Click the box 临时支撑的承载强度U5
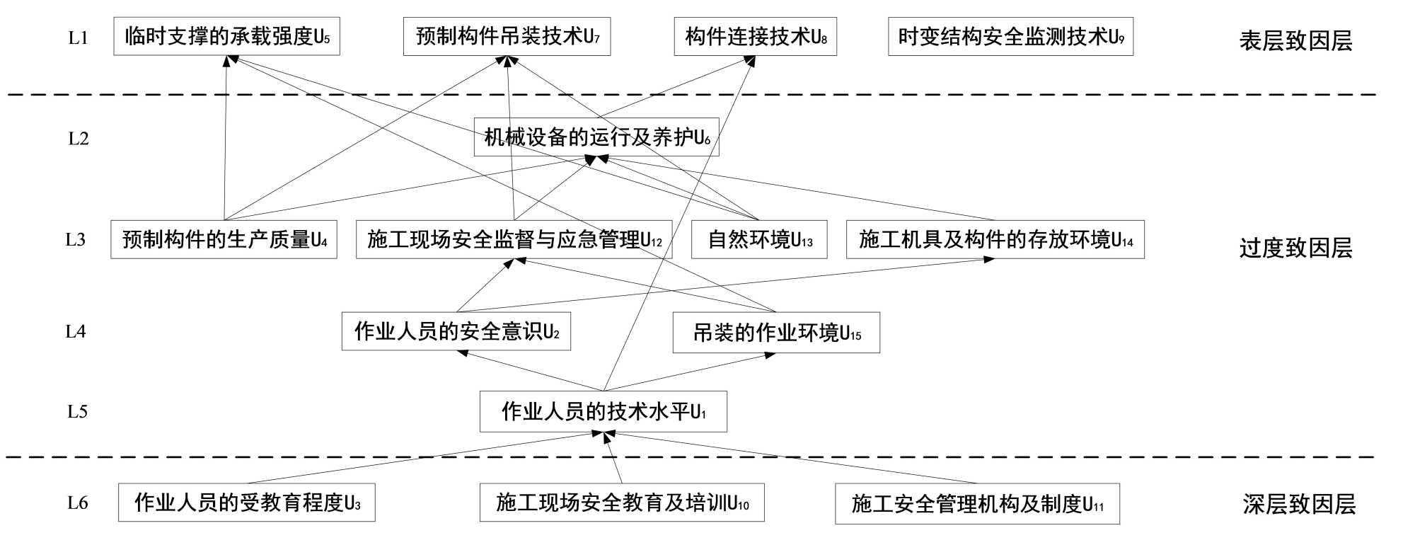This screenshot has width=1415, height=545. click(x=226, y=36)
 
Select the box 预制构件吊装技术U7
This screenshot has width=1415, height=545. click(x=507, y=36)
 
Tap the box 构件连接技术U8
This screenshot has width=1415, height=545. click(x=755, y=36)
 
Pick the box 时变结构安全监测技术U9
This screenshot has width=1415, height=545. click(x=1010, y=36)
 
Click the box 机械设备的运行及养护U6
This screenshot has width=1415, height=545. click(x=596, y=137)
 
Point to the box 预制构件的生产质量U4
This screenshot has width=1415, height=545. click(x=224, y=240)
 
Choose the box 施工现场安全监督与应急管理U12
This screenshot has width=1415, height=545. click(x=514, y=240)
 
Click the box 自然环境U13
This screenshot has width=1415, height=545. click(x=759, y=240)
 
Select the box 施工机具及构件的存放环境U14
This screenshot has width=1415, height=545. click(x=995, y=240)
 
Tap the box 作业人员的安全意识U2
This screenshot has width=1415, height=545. click(x=456, y=331)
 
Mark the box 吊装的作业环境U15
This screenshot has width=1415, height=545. click(x=776, y=333)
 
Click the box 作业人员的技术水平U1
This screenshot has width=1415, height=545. click(x=603, y=411)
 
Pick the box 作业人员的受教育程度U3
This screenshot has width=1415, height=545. click(x=246, y=503)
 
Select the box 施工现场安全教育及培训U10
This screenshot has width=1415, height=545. click(x=622, y=503)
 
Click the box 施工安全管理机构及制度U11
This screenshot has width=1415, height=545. click(x=977, y=504)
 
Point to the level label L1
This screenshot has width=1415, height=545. click(x=78, y=38)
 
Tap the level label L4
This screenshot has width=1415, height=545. click(x=76, y=331)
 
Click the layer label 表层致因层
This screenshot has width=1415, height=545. click(x=1295, y=41)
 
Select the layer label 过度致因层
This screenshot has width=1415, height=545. click(x=1295, y=248)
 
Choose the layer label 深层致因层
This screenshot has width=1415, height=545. click(x=1299, y=504)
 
